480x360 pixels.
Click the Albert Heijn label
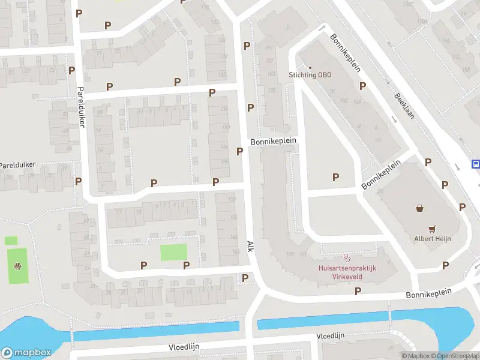[432, 238]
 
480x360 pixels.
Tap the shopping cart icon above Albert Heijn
[432, 229]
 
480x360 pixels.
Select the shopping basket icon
[419, 209]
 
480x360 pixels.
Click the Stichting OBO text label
[310, 75]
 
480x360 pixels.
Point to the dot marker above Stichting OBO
[310, 67]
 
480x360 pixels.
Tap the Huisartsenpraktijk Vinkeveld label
[346, 272]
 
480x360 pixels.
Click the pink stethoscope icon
[346, 258]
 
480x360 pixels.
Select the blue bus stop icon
[476, 164]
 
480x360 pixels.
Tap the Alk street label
[250, 246]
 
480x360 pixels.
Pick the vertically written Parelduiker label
[81, 107]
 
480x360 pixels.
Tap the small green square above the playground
[11, 241]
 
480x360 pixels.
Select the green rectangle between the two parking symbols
[173, 252]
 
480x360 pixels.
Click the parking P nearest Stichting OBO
[362, 86]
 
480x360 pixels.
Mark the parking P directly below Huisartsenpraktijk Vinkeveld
[358, 291]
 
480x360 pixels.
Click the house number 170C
[409, 4]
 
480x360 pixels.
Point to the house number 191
[269, 48]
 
